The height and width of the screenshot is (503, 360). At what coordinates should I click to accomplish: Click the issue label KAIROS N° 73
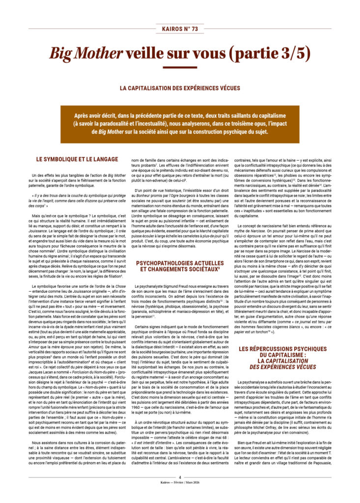(x=180, y=29)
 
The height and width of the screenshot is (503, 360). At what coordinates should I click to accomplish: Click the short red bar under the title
(x=180, y=68)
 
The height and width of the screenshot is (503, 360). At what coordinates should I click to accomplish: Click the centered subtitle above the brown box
(x=180, y=88)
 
